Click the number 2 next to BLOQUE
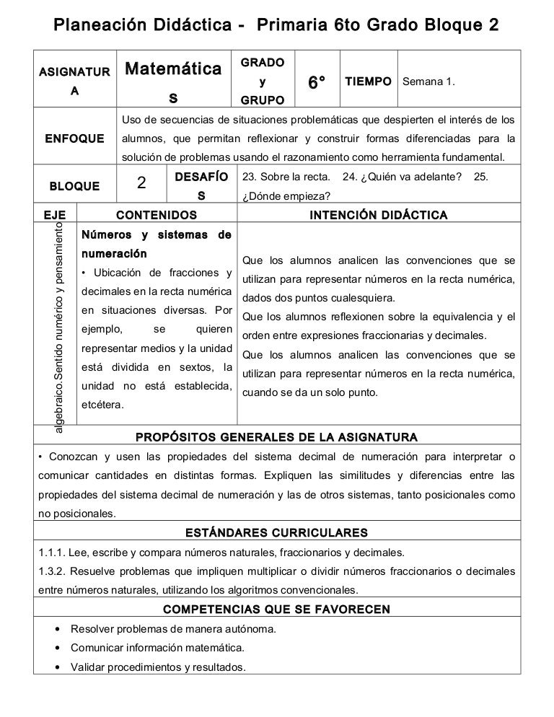[142, 184]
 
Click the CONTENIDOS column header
[157, 215]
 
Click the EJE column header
[54, 215]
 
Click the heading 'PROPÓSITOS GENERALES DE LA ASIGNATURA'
[276, 437]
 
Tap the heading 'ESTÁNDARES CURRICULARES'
[276, 532]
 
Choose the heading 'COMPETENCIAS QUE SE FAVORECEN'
[276, 610]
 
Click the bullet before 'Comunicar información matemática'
[57, 648]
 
